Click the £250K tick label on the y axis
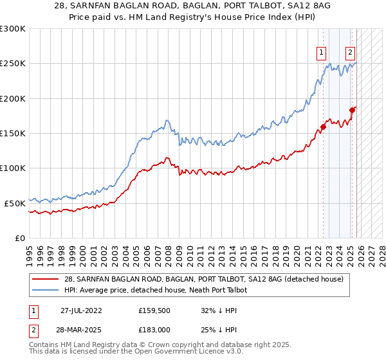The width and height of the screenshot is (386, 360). tap(13, 64)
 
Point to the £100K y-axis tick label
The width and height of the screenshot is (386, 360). tap(13, 168)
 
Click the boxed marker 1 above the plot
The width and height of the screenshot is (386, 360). tap(320, 53)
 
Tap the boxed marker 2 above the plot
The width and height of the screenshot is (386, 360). tap(350, 53)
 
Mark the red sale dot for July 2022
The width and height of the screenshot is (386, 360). tap(324, 127)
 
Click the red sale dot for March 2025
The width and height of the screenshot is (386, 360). tap(353, 111)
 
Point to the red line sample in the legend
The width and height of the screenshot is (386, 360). tap(46, 279)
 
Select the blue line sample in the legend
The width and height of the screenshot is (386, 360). tap(46, 290)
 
